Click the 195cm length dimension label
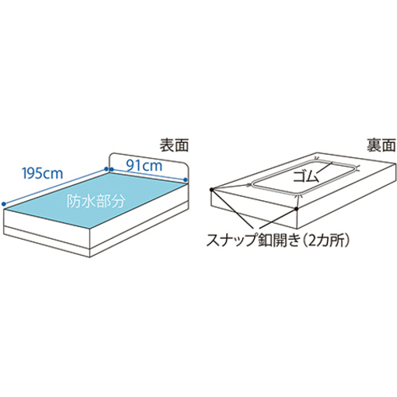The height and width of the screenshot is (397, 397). pyautogui.click(x=43, y=173)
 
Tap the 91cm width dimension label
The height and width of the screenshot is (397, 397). pyautogui.click(x=144, y=166)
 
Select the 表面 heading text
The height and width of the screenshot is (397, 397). pyautogui.click(x=174, y=145)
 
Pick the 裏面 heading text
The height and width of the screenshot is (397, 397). pyautogui.click(x=381, y=145)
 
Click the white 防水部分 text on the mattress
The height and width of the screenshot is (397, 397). pyautogui.click(x=95, y=202)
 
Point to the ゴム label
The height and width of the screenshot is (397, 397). pyautogui.click(x=306, y=176)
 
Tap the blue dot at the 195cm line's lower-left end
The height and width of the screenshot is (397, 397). pyautogui.click(x=3, y=203)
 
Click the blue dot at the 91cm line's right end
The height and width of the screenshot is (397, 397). pyautogui.click(x=186, y=179)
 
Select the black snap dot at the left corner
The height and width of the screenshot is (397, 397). pyautogui.click(x=211, y=190)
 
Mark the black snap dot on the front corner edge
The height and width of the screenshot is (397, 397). pyautogui.click(x=297, y=209)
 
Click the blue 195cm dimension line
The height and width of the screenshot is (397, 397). pyautogui.click(x=55, y=186)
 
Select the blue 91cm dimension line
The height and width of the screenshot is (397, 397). pyautogui.click(x=148, y=174)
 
